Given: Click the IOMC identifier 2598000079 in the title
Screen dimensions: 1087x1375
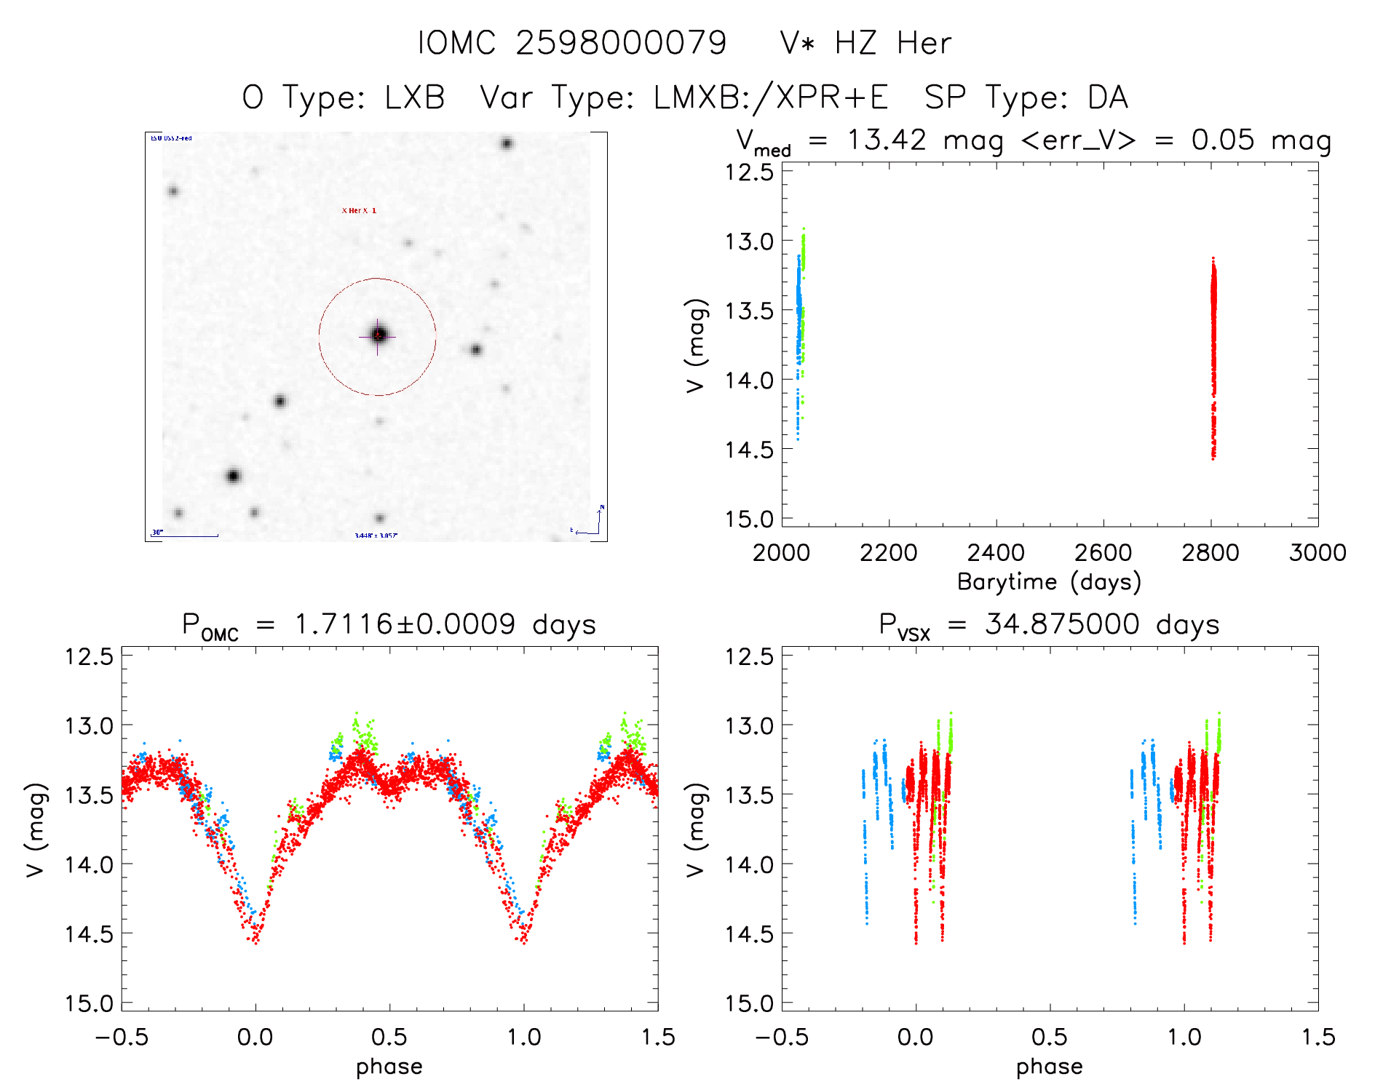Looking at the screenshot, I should coord(620,43).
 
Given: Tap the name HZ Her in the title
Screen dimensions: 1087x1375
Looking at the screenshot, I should coord(893,43).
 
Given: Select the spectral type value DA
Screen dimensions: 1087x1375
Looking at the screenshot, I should coord(1108,97).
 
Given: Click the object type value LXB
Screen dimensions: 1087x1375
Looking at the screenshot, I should coord(414,97).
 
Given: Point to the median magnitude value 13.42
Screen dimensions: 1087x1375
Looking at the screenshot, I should coord(887,140).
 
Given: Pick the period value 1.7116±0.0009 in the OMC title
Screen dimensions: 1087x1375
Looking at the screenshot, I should coord(405,624).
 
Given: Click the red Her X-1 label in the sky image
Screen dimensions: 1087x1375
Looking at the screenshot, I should coord(359,211).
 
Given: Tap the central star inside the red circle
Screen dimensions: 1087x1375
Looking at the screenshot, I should coord(379,335).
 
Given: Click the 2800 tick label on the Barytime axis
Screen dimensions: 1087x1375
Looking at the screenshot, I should coord(1210,553).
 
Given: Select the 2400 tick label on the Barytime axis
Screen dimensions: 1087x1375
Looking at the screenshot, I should coord(996,553).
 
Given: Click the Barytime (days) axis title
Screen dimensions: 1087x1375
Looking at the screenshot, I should coord(1049,582).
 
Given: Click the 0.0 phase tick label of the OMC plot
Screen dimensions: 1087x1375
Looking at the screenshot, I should coord(255,1037).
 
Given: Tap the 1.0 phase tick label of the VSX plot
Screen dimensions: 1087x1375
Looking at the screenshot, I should coord(1184,1037).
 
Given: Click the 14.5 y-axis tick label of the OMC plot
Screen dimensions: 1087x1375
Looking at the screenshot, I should coord(90,933).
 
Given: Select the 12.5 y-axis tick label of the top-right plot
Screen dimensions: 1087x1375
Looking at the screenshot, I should coord(749,172).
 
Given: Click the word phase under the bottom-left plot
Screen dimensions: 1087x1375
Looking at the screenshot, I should coord(389,1067).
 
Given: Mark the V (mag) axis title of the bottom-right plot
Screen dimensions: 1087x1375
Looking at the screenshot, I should coord(696,829).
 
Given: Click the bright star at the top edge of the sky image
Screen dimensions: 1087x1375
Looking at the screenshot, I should coord(507,143).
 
